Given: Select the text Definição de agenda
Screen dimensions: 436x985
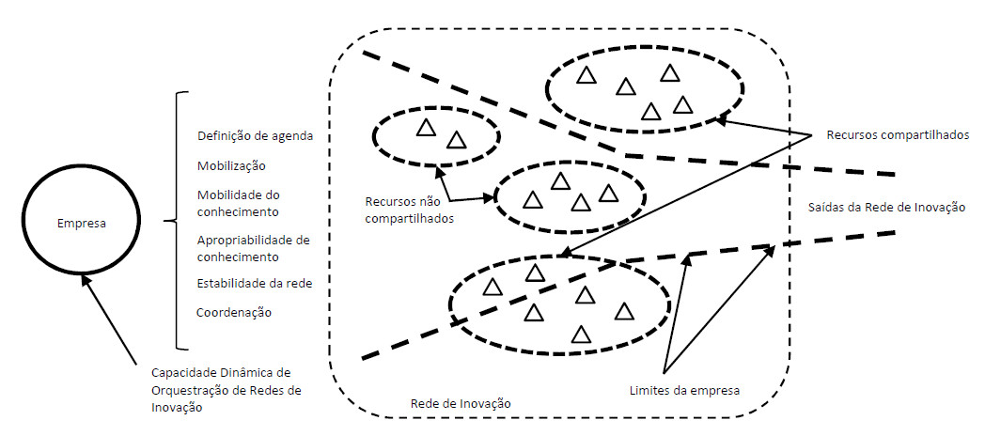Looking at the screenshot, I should pos(255,136).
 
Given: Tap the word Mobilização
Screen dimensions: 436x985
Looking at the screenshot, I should pos(231,165).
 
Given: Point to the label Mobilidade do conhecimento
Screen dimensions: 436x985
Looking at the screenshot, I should pos(239,203).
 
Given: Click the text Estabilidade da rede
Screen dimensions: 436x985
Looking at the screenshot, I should pos(255,282).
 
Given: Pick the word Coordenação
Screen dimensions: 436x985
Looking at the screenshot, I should pos(234,312).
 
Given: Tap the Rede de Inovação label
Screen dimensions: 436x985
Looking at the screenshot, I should pos(461,403).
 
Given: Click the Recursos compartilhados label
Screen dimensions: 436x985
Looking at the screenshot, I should pos(898,135).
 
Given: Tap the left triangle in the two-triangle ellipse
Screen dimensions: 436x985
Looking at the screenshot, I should pos(426,129).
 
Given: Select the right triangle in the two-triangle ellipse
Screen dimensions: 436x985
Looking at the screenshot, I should pos(457,141).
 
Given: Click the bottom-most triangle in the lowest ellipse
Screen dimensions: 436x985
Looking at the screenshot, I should pos(581,334).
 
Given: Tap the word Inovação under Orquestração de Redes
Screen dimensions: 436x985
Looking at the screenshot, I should pos(176,407).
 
